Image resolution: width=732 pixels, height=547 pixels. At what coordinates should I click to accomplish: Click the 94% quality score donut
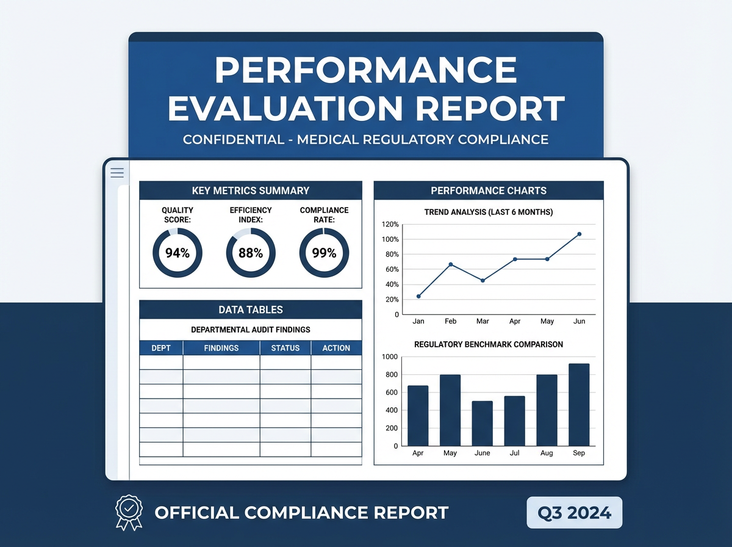tap(177, 253)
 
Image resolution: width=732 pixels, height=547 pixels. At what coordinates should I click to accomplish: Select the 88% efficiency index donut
tap(250, 253)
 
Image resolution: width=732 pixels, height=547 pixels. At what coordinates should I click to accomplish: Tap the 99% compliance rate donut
tap(324, 253)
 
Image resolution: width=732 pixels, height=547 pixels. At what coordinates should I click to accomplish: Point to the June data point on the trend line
tap(579, 234)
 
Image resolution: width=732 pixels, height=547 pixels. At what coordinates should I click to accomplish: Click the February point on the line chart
tap(450, 264)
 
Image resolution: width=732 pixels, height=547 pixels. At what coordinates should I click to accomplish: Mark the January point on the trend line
tap(418, 296)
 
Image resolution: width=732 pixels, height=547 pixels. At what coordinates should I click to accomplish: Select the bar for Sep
tap(579, 405)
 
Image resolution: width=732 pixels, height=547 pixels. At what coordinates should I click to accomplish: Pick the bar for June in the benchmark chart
tap(482, 423)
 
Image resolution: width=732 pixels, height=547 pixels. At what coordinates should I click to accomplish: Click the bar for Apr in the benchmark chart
tap(418, 416)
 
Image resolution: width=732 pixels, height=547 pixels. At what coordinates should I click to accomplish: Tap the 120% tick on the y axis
tap(389, 224)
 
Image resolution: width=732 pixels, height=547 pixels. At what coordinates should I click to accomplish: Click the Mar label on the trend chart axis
tap(483, 321)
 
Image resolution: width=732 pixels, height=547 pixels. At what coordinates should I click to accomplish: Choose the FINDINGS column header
tap(221, 348)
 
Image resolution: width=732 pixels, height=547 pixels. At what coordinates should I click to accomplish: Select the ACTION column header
tap(336, 348)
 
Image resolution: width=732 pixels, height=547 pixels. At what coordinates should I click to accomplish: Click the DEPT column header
tap(161, 348)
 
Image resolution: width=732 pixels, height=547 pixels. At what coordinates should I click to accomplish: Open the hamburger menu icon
tap(117, 173)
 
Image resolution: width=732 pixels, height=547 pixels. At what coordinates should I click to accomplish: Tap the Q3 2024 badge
tap(575, 512)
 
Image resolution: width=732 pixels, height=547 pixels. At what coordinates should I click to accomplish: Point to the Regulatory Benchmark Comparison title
tap(489, 344)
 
